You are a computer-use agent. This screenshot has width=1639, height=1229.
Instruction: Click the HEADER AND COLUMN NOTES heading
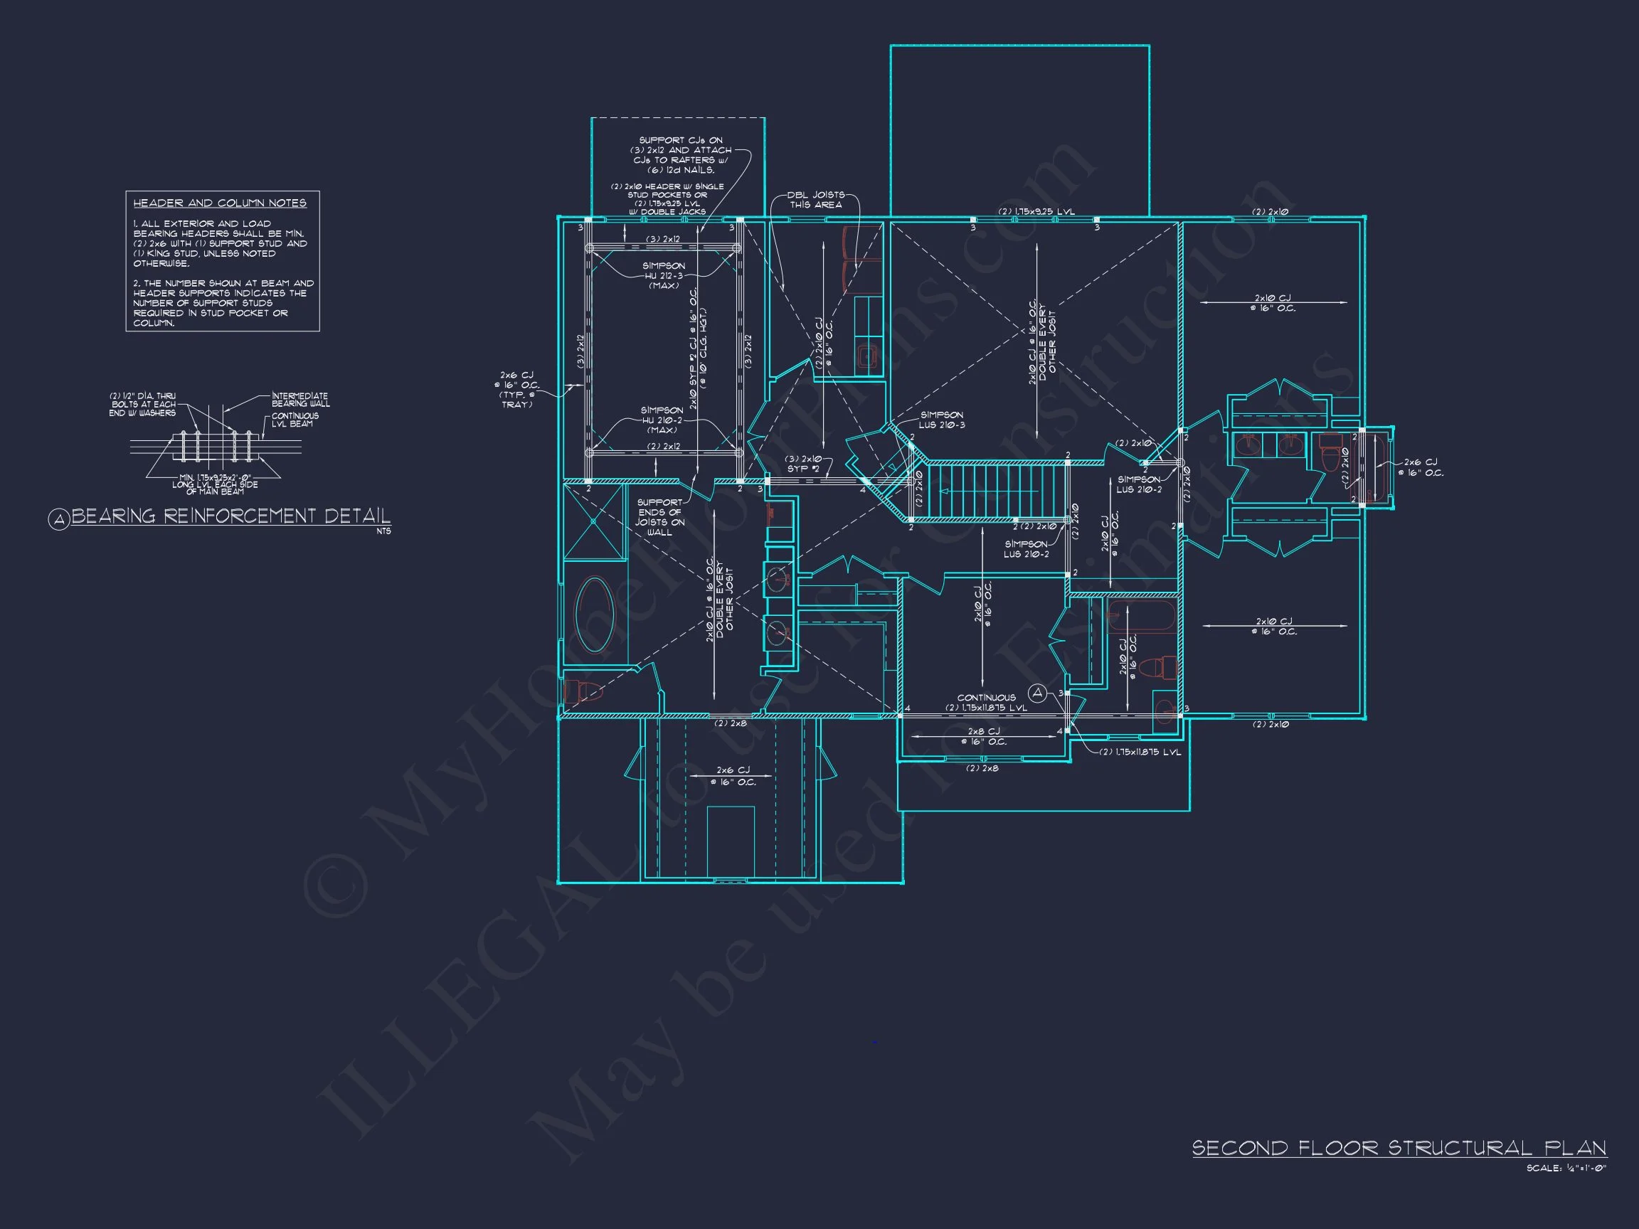(219, 203)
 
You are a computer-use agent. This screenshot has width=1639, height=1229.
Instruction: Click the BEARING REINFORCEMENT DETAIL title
(230, 516)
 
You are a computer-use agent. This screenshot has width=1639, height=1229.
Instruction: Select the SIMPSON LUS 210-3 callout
(942, 420)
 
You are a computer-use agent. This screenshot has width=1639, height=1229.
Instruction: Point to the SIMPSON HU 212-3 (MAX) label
(664, 275)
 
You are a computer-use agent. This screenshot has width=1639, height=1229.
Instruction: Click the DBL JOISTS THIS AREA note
(815, 199)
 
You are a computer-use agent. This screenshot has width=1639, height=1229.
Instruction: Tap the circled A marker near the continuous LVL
(1037, 693)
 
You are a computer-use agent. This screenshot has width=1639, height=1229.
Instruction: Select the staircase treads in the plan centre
(997, 491)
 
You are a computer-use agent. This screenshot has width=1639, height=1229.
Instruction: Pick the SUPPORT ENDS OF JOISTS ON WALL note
(659, 517)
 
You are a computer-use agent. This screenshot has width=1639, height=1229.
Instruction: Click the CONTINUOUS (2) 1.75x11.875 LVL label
(986, 702)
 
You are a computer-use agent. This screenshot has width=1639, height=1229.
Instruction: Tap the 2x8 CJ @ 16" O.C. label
(983, 736)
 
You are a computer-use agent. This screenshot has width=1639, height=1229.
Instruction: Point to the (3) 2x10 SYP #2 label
(804, 464)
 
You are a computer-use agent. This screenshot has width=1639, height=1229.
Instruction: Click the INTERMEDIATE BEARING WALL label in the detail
(300, 400)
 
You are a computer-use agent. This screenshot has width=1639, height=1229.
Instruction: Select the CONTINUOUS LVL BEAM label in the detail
(295, 420)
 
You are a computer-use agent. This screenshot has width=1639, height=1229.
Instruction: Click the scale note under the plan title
(1566, 1169)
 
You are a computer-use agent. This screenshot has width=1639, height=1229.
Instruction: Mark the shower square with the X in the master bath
(594, 521)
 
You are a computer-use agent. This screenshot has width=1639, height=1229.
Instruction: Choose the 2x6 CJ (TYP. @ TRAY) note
(516, 390)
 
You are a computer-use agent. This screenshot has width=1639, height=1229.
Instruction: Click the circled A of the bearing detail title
(58, 519)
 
